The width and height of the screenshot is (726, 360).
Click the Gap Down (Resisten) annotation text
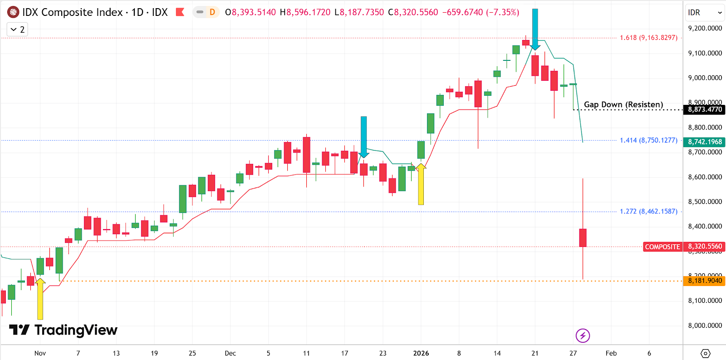tap(623, 104)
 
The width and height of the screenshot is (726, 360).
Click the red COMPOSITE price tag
tap(662, 247)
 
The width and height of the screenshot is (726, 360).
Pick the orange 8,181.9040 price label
tap(705, 281)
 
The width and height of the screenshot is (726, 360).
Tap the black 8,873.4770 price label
tap(705, 109)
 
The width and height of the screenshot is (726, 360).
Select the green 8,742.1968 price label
tap(705, 142)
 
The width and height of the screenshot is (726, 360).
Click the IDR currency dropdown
tap(705, 13)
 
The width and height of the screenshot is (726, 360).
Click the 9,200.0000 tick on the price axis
tap(705, 28)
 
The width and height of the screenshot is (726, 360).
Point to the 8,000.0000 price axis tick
tap(705, 325)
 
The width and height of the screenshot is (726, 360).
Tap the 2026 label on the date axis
tap(421, 353)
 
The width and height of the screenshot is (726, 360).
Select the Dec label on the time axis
tap(230, 353)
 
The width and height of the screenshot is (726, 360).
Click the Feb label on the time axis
tap(611, 353)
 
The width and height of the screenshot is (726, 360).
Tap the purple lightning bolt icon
tap(583, 335)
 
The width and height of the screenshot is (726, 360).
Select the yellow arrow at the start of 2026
tap(421, 184)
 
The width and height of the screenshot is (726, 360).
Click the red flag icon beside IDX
tap(180, 12)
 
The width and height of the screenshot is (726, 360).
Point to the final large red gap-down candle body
tap(583, 237)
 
